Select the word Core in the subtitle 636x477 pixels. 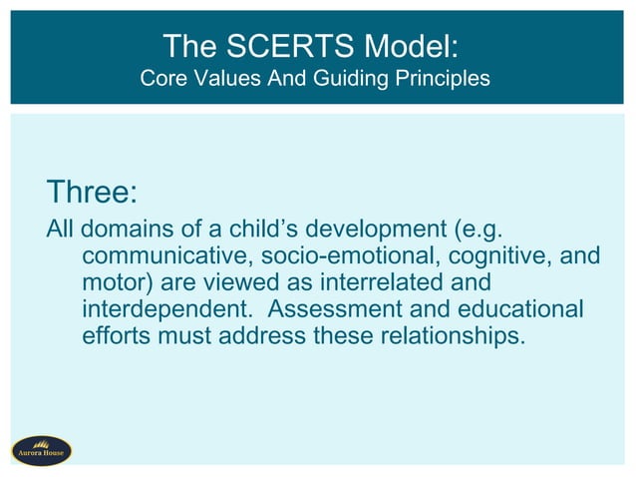coord(162,78)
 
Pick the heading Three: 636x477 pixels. coord(92,190)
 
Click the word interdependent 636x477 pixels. coord(168,309)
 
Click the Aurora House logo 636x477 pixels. coord(41,450)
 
